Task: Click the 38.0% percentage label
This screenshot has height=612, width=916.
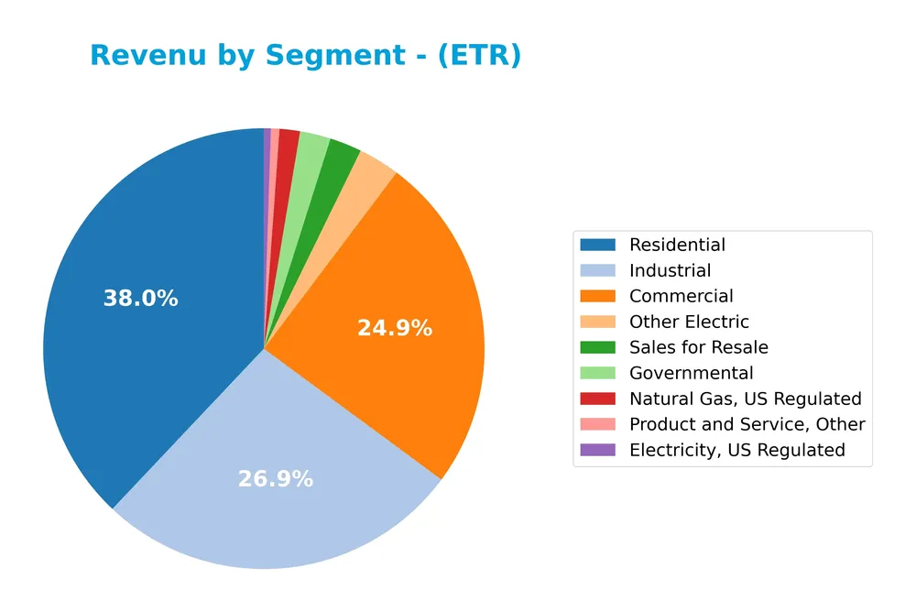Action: (x=141, y=299)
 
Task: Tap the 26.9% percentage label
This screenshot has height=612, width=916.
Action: (x=275, y=479)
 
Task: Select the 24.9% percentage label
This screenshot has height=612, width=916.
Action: (x=394, y=328)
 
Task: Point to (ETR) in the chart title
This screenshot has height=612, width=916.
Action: (x=479, y=56)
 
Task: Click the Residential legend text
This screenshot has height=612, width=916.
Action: (x=677, y=245)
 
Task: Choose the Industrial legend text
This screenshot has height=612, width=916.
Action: (x=670, y=270)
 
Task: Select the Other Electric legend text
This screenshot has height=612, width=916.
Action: (x=689, y=322)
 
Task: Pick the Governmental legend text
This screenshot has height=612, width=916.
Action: (x=691, y=373)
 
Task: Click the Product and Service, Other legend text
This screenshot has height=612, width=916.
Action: (x=747, y=424)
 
